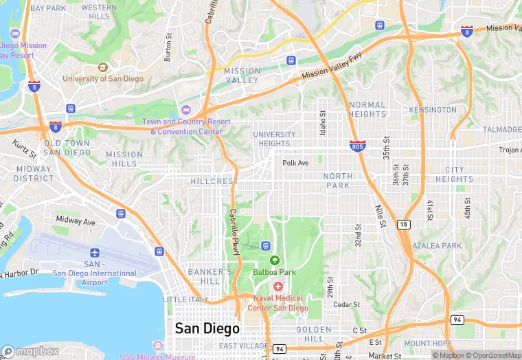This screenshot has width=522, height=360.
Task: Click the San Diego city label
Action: [207, 328]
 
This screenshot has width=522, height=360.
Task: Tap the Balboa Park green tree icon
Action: [275, 260]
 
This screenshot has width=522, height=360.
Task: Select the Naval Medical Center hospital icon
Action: [278, 286]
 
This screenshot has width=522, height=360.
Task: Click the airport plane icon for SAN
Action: [94, 253]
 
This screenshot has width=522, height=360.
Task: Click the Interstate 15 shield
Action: [404, 224]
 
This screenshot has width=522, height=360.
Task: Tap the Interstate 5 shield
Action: [34, 86]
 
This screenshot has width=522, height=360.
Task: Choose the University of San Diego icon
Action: [103, 67]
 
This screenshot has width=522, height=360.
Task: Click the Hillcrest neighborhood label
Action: [214, 181]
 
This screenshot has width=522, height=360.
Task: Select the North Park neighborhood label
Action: [338, 181]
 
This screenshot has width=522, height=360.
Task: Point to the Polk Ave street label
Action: [296, 163]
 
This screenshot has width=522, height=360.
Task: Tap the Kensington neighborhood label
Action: [433, 110]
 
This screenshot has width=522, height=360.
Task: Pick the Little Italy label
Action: [184, 300]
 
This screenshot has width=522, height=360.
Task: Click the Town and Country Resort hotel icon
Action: [185, 111]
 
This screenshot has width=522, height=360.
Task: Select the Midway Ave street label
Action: [76, 221]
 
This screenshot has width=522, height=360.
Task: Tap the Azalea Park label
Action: [437, 245]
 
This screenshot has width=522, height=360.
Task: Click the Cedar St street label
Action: [346, 304]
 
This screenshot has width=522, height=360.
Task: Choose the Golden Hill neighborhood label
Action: [314, 335]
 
